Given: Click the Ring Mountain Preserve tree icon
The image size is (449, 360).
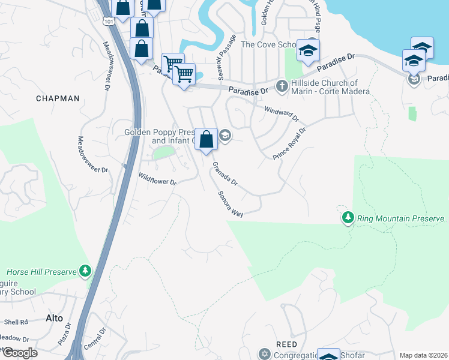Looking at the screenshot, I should click(x=348, y=218).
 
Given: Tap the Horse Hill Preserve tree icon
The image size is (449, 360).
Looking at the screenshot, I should click(x=86, y=272).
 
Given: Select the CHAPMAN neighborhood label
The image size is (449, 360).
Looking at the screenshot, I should click(x=58, y=98).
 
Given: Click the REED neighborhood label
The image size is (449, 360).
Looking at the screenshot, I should click(x=286, y=344).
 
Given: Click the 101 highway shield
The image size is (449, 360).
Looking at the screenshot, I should click(x=108, y=22).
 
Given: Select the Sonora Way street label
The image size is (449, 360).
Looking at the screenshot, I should click(x=231, y=205).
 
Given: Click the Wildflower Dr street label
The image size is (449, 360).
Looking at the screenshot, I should click(x=157, y=178).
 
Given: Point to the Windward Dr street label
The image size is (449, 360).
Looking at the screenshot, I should click(x=282, y=113).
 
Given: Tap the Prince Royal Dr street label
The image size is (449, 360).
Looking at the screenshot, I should click(x=289, y=143).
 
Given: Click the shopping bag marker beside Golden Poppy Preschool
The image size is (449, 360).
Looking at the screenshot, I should click(x=206, y=139).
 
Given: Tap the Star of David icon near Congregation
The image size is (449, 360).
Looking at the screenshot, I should click(x=265, y=354).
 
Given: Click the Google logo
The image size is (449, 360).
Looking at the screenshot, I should click(x=20, y=353).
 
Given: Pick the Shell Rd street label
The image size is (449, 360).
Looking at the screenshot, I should click(x=17, y=322).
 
